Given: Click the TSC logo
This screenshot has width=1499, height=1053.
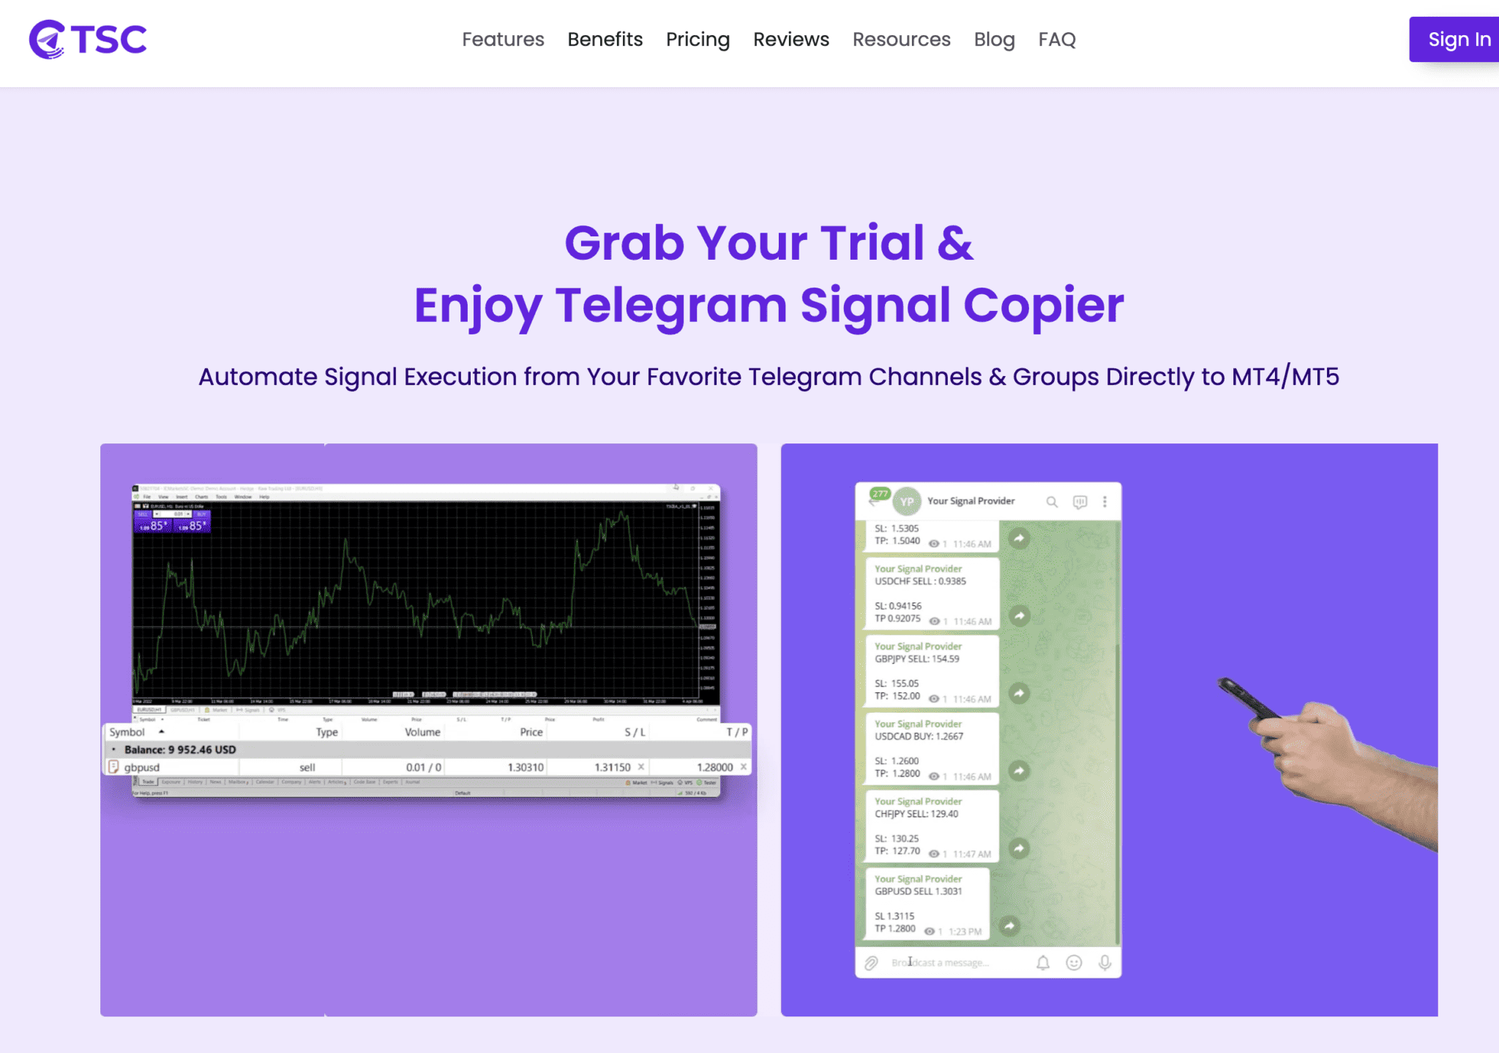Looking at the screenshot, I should click(x=88, y=40).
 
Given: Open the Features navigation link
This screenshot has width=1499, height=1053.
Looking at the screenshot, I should click(x=503, y=40).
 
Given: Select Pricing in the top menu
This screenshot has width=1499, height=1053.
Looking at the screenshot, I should click(x=698, y=40).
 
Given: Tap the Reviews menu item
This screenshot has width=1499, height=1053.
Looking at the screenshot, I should click(x=790, y=40).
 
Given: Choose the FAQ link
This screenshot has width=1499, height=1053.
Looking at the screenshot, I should click(x=1056, y=40).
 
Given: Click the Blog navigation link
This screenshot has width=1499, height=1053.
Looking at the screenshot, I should click(x=994, y=40).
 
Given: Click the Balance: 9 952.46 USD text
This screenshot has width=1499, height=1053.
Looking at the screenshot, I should click(x=180, y=749).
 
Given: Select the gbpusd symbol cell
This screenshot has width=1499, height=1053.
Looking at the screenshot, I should click(x=142, y=767).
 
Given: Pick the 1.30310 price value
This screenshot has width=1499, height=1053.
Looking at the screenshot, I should click(x=526, y=767).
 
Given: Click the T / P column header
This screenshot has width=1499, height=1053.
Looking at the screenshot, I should click(x=736, y=732).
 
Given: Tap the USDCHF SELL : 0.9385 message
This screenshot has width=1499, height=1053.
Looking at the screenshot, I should click(x=920, y=582).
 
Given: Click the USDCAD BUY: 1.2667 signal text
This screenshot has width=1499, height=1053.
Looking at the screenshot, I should click(x=919, y=737).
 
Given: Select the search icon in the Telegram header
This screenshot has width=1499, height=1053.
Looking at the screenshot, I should click(x=1052, y=501).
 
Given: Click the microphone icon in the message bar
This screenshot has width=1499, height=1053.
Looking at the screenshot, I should click(x=1104, y=962).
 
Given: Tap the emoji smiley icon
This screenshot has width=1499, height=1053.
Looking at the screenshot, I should click(x=1074, y=962).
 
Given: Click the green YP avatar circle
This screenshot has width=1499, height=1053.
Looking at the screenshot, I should click(x=907, y=501).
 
